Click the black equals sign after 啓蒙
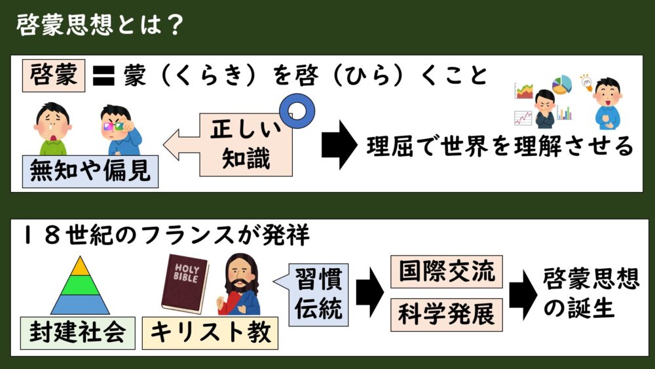[101, 77]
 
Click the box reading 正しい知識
[250, 144]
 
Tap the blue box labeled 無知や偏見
[90, 172]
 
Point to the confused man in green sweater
[52, 128]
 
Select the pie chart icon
[561, 85]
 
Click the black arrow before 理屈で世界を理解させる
[338, 146]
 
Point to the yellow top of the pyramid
[79, 266]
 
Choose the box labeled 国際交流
[446, 271]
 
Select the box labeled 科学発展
[446, 315]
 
